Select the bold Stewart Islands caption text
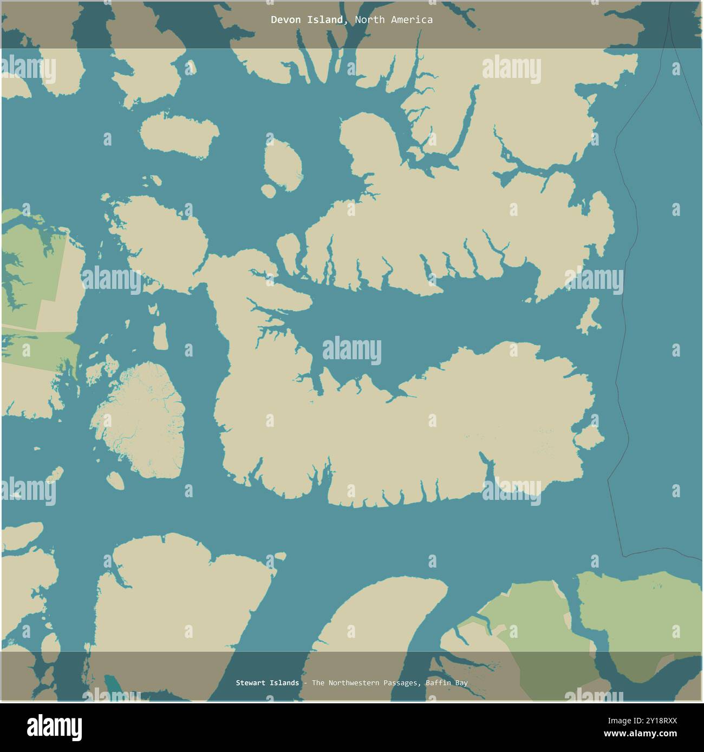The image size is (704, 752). (x=267, y=683)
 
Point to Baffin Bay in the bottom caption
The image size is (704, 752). (x=447, y=683)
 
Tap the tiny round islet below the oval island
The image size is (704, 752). (x=268, y=190)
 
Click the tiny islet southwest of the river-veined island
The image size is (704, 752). (x=114, y=479)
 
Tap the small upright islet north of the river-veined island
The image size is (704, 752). (x=160, y=336)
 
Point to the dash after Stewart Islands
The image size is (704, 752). (x=305, y=683)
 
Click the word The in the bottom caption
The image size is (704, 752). (x=318, y=683)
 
